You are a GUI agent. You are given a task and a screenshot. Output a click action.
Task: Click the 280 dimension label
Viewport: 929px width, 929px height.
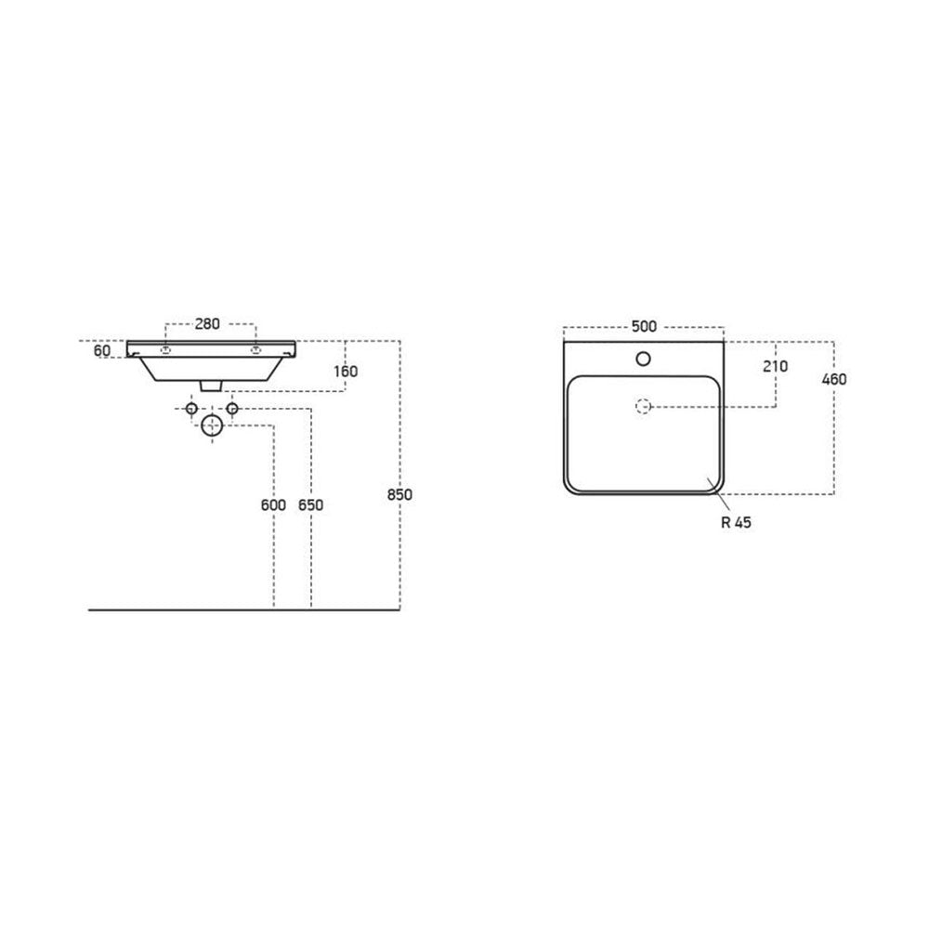pos(207,324)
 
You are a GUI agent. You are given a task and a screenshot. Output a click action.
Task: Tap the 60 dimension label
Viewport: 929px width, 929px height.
pos(102,351)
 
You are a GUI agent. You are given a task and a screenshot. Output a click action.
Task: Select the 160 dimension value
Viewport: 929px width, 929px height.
pos(346,372)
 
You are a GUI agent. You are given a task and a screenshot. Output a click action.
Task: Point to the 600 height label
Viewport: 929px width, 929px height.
pos(273,505)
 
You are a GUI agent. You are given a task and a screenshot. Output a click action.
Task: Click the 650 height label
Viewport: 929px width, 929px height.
pos(310,505)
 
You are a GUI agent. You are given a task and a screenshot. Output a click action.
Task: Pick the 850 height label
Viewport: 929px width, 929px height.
pos(399,494)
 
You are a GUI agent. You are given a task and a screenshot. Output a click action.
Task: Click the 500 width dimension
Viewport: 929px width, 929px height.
pos(644,326)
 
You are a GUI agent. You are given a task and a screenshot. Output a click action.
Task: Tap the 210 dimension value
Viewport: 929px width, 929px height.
pos(775,367)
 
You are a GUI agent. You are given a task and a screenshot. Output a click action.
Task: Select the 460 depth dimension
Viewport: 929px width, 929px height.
pos(833,379)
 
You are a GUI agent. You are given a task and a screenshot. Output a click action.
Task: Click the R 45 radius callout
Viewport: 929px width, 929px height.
pos(736,522)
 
